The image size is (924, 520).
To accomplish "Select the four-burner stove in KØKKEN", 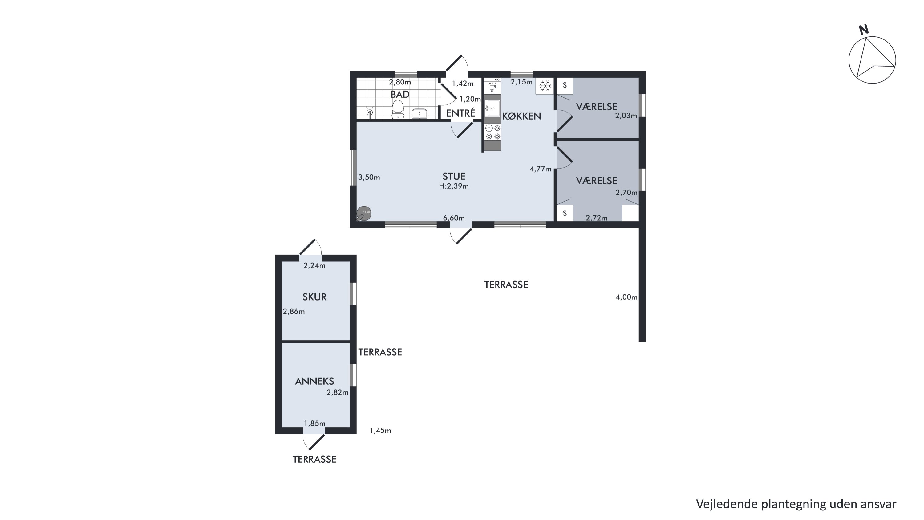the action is tap(492, 132).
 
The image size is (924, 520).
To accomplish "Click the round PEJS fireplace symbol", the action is tap(364, 214).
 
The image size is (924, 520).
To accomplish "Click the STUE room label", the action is tap(454, 176).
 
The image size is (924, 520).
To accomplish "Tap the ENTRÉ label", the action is tap(460, 113).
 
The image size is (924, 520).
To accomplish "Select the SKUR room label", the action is tap(314, 297).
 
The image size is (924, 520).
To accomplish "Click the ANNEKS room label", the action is tap(314, 381).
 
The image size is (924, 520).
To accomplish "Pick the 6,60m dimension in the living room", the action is tap(454, 218).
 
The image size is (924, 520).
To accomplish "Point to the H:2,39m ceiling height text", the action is tap(454, 186).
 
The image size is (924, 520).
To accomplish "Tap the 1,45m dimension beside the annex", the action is tap(380, 430).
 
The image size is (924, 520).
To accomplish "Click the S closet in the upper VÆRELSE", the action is tap(565, 86).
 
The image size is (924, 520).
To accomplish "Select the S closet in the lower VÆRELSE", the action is tap(565, 213).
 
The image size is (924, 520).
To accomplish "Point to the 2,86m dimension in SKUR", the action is tap(294, 312).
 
